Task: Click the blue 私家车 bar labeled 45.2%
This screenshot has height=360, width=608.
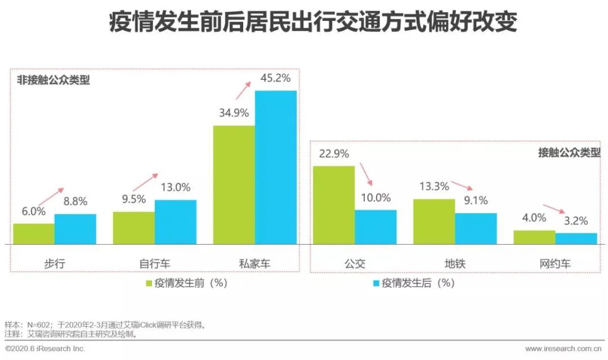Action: pos(275,167)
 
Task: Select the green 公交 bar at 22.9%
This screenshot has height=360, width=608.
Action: pos(334,205)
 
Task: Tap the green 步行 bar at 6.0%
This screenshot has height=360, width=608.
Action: pos(34,233)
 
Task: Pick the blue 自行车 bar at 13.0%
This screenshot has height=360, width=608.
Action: pos(176,222)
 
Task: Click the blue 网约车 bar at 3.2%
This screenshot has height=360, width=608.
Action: pos(576,238)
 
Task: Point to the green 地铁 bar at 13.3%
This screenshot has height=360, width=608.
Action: pos(434,221)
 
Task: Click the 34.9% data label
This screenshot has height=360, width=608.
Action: pos(233,112)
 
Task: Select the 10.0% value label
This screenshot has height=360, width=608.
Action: pos(375,197)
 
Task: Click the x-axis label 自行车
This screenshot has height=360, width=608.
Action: pos(155,263)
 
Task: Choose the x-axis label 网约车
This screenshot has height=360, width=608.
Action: pos(555,263)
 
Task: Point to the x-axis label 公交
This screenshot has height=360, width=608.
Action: pos(355,263)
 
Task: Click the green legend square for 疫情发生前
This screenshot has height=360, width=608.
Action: pos(150,283)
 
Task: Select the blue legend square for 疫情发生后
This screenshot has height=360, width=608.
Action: pos(375,283)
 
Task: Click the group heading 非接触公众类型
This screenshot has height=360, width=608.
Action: pos(53,80)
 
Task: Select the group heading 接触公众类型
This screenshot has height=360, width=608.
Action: pos(569,152)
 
